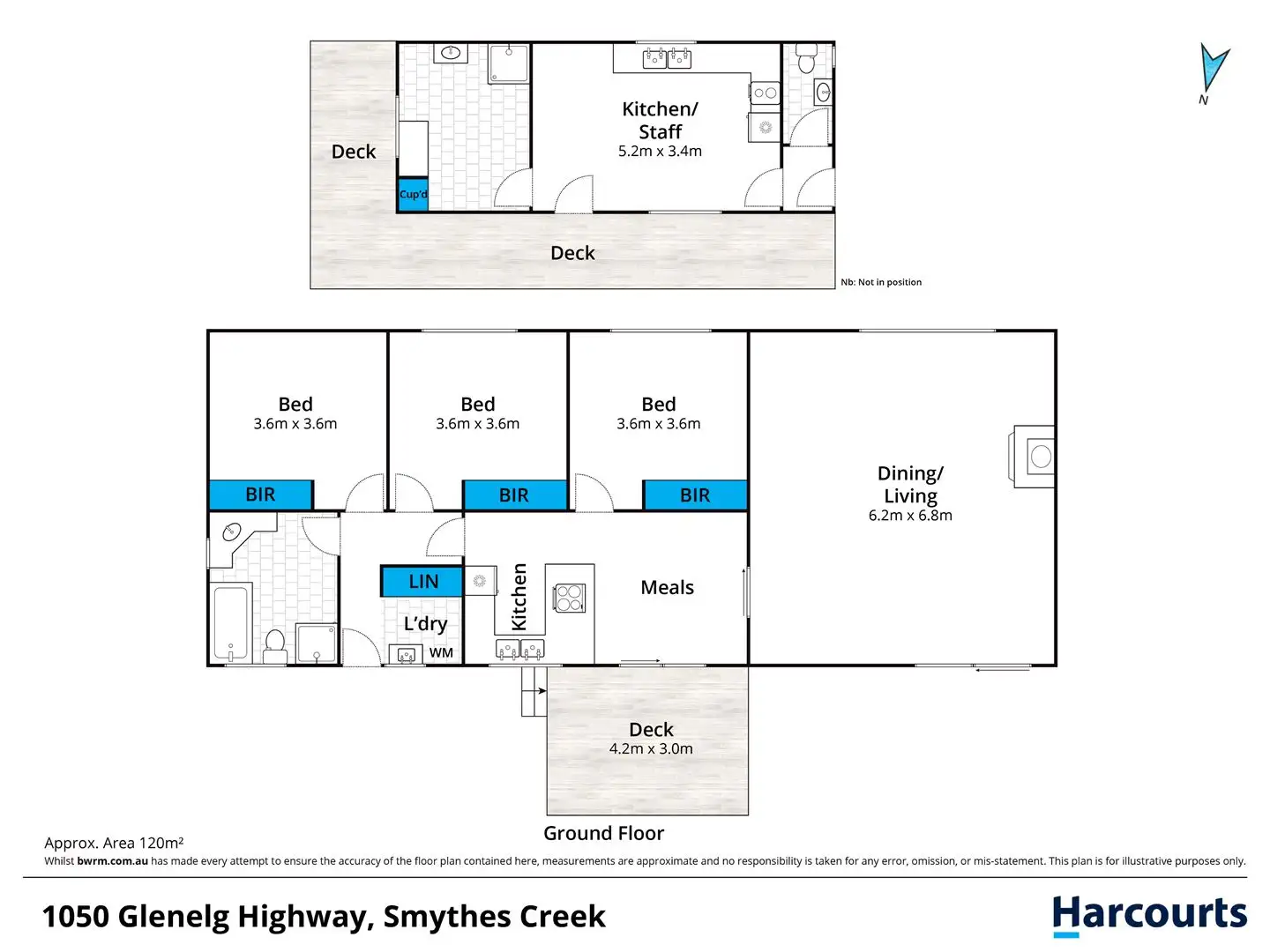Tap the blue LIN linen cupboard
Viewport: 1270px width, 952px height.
[x=422, y=581]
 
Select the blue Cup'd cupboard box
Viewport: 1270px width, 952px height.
[x=413, y=194]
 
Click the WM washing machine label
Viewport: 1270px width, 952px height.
[x=441, y=652]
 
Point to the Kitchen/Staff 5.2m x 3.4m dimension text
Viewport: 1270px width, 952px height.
[x=660, y=152]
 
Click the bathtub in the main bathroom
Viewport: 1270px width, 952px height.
[x=232, y=622]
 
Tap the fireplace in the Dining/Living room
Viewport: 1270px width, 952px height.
[x=1032, y=457]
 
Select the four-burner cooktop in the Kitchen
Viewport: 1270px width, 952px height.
[x=569, y=598]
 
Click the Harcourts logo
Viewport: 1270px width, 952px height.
[x=1148, y=916]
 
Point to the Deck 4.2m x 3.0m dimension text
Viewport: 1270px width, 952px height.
[x=650, y=748]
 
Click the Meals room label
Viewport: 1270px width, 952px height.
[x=667, y=587]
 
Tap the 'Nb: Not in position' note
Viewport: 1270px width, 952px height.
[x=880, y=282]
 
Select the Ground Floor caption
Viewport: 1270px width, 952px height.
[x=603, y=833]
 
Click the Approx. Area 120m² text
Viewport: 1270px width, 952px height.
[x=114, y=843]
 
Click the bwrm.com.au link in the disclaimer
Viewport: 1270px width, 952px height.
[x=112, y=860]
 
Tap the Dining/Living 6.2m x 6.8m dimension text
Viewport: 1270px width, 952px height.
[x=910, y=516]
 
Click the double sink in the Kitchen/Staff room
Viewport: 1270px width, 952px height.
[x=667, y=58]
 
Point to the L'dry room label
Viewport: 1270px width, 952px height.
[x=425, y=624]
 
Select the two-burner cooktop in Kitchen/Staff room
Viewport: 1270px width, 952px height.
[x=765, y=93]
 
